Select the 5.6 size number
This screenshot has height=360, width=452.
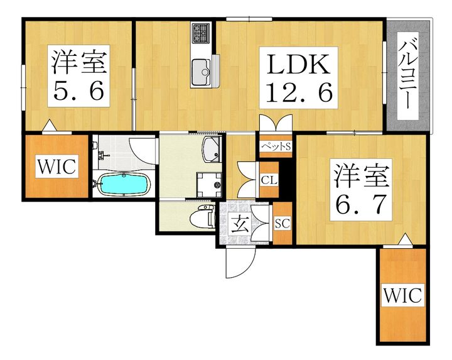[x=78, y=92]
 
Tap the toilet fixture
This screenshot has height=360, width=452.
[x=205, y=216]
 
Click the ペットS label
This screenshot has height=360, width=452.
[x=276, y=147]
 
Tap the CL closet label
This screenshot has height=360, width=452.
[x=269, y=179]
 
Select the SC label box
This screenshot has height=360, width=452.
[x=282, y=223]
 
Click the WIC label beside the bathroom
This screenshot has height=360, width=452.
[x=56, y=166]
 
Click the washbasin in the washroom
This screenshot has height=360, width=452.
[x=210, y=150]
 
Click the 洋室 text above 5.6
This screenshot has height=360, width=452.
[x=78, y=63]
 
